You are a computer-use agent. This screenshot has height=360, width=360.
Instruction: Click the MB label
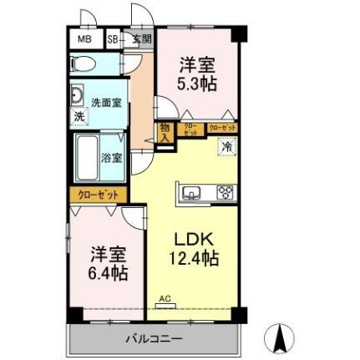pos(84,39)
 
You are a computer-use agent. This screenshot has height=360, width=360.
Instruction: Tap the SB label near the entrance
pos(113,39)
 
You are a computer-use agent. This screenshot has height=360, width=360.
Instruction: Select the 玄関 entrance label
pos(141,38)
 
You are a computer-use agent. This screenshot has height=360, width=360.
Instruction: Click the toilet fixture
pos(84,63)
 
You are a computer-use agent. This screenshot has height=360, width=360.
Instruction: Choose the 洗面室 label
pos(106,103)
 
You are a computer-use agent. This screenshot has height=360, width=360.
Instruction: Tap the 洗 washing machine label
pos(79,116)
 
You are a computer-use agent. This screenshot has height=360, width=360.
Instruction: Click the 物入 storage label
pos(166,132)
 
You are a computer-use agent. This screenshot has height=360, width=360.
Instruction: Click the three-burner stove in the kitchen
pos(225,193)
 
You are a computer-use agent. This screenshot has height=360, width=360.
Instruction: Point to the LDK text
pos(191,236)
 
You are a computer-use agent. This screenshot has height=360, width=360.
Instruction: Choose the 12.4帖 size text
pos(195,258)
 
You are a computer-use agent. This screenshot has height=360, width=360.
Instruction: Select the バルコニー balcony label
pos(154,337)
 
